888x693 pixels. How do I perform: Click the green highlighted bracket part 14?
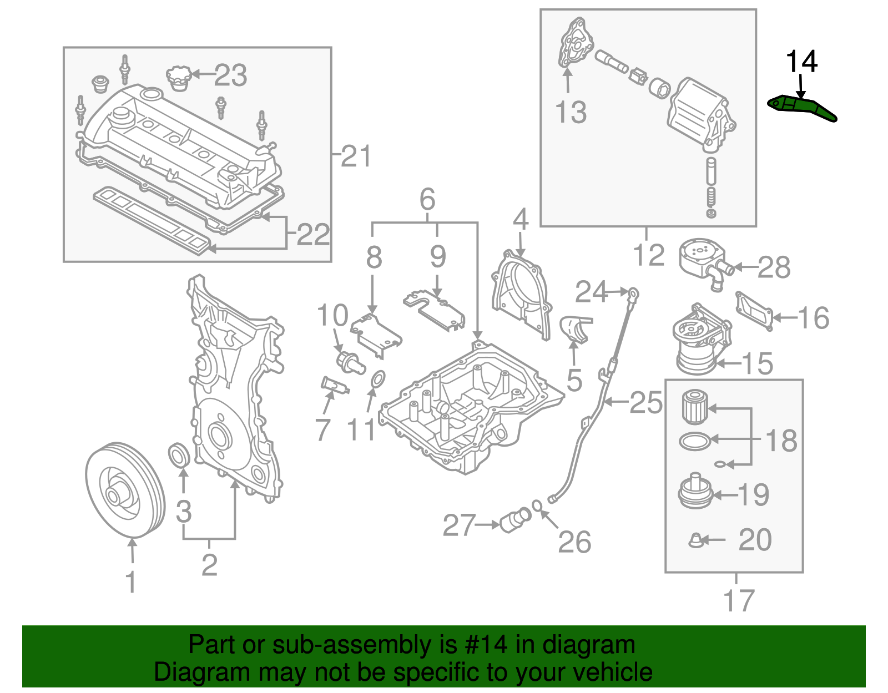point(801,107)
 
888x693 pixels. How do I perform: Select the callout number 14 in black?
point(801,62)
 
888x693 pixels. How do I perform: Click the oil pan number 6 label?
point(427,199)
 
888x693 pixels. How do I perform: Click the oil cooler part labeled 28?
point(701,259)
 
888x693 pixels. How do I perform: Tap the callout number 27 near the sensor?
point(459,525)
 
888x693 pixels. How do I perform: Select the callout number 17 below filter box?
point(738,600)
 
